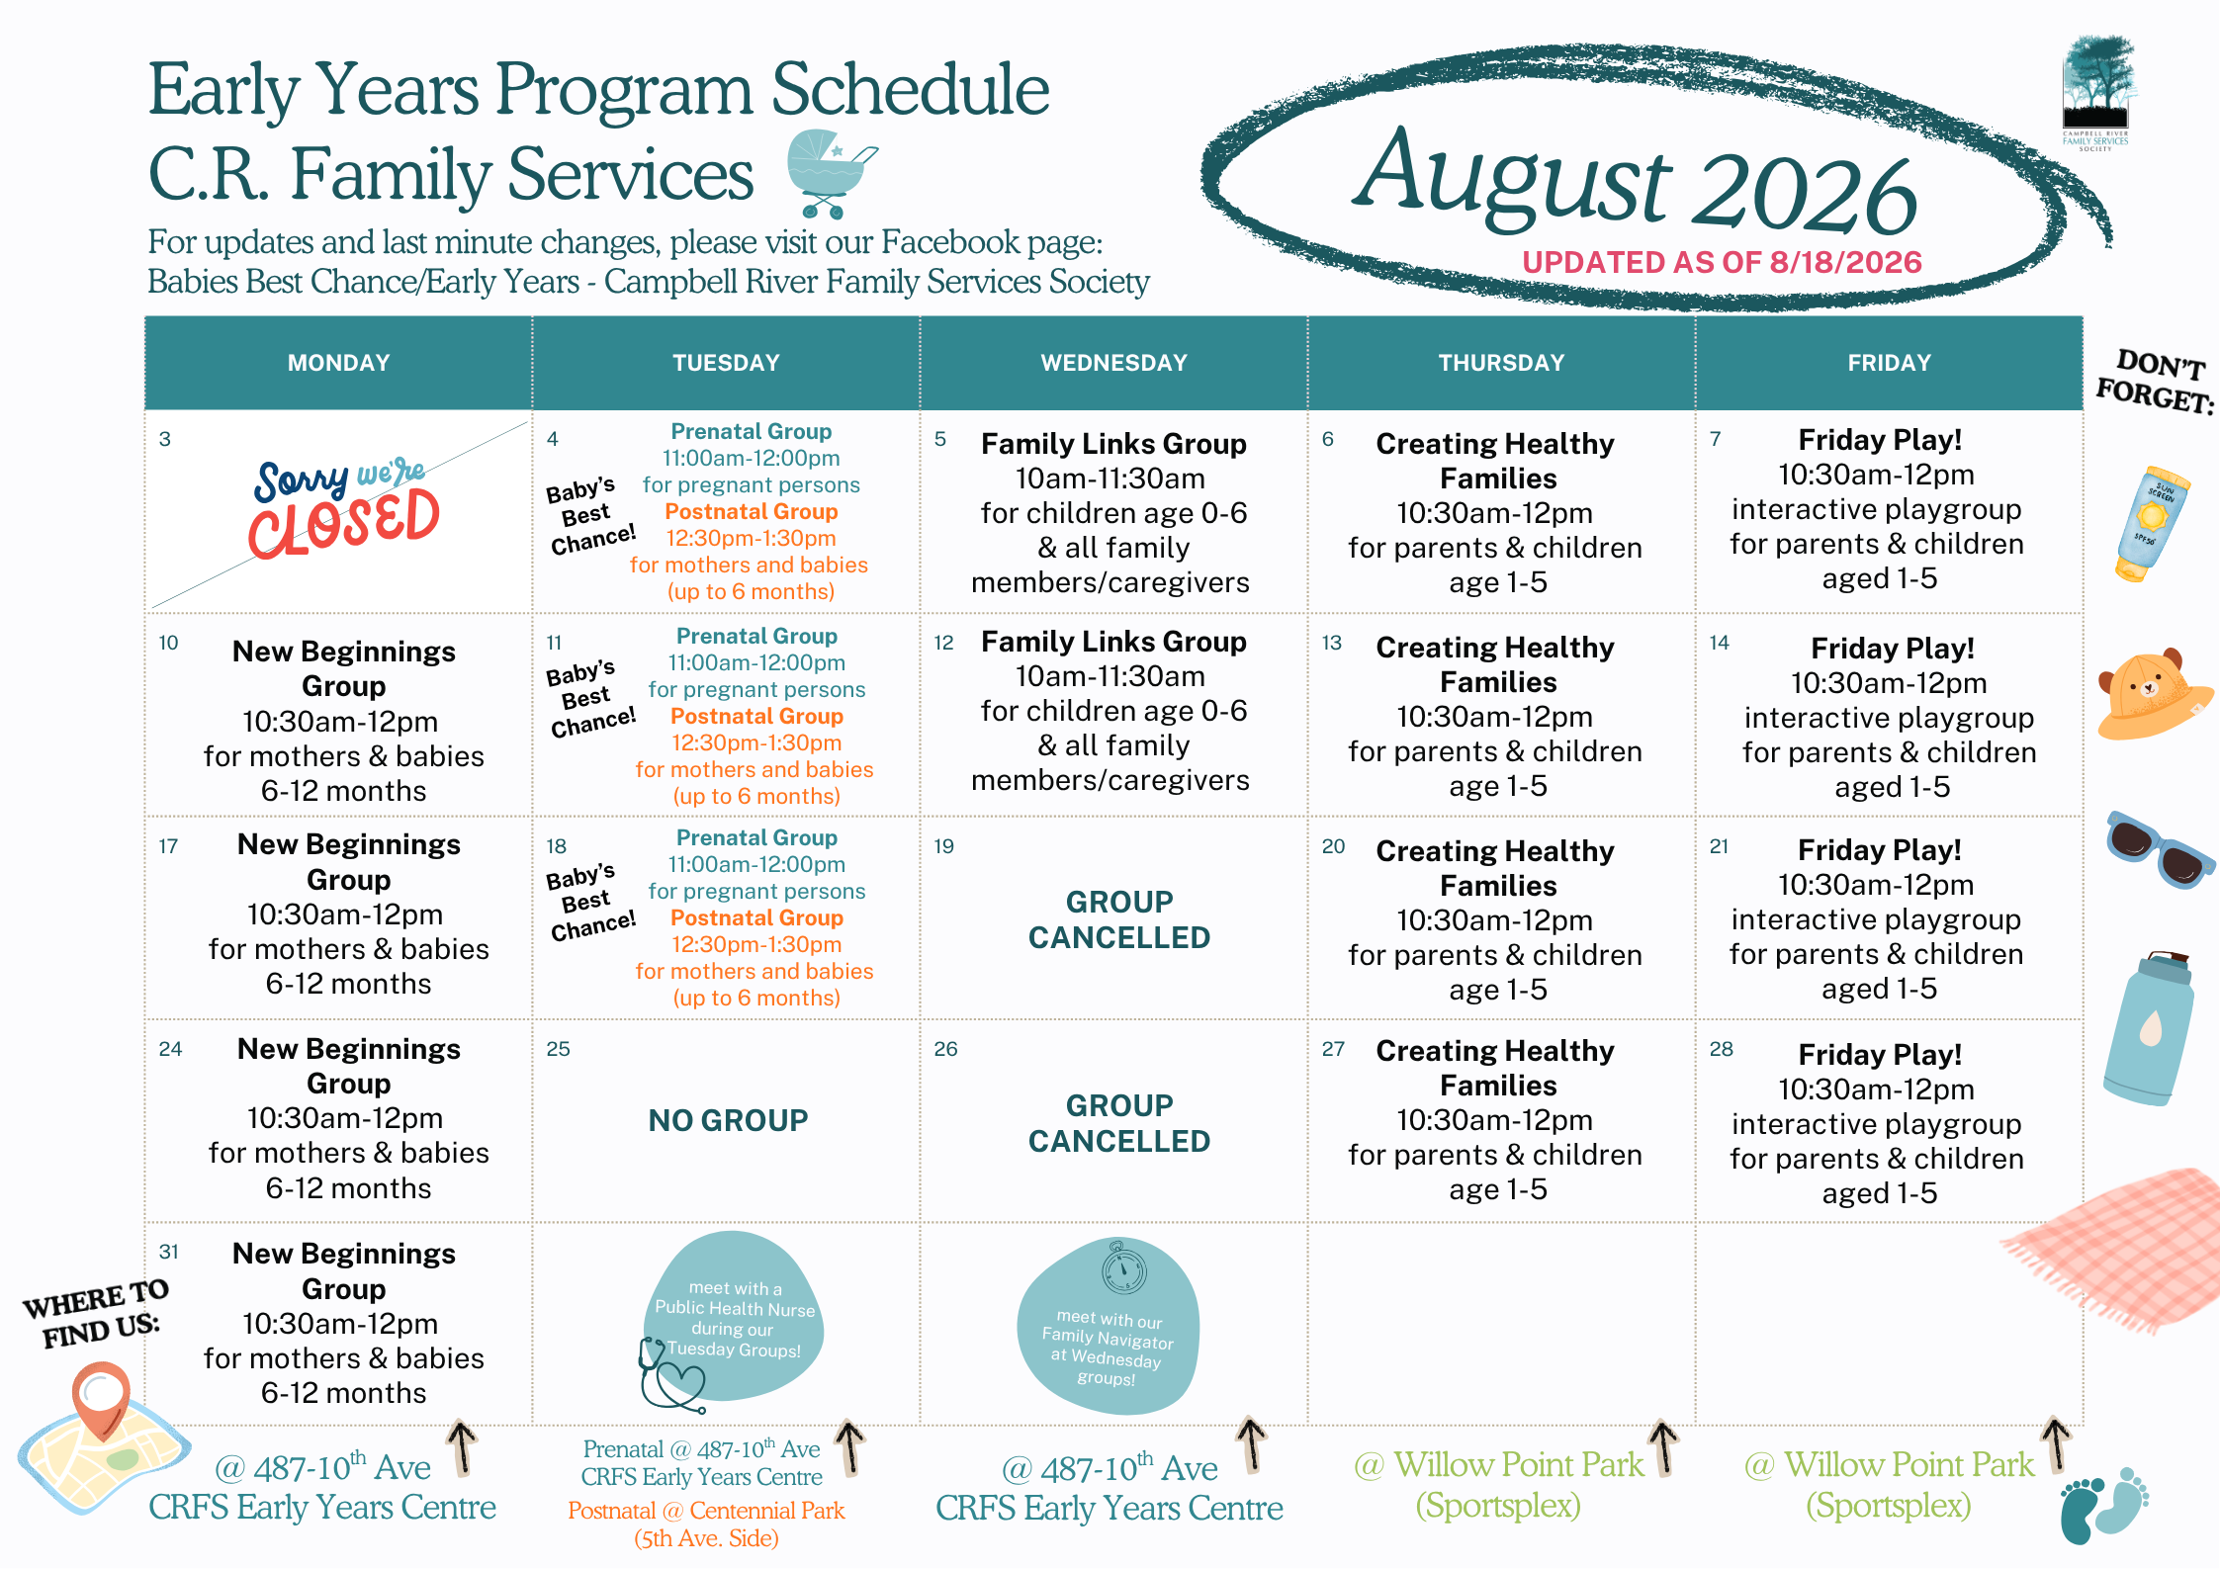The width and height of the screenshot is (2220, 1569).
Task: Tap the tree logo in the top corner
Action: (x=2096, y=93)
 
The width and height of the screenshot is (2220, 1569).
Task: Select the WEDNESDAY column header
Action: (x=1113, y=363)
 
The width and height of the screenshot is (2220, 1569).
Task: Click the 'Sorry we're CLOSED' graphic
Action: (x=344, y=508)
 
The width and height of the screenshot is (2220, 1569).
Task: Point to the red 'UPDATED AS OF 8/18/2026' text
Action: (x=1722, y=262)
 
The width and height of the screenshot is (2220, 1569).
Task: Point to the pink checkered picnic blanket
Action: (x=2116, y=1251)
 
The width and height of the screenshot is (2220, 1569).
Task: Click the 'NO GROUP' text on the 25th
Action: (x=728, y=1120)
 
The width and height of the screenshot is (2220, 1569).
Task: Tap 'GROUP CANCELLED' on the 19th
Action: (x=1119, y=919)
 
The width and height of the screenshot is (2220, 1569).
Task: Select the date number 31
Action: (x=169, y=1252)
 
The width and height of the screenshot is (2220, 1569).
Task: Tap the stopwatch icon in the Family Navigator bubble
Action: (x=1124, y=1268)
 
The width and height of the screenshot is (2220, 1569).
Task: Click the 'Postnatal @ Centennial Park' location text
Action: (x=706, y=1511)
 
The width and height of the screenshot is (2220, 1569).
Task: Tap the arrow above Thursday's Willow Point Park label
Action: (x=1664, y=1448)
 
